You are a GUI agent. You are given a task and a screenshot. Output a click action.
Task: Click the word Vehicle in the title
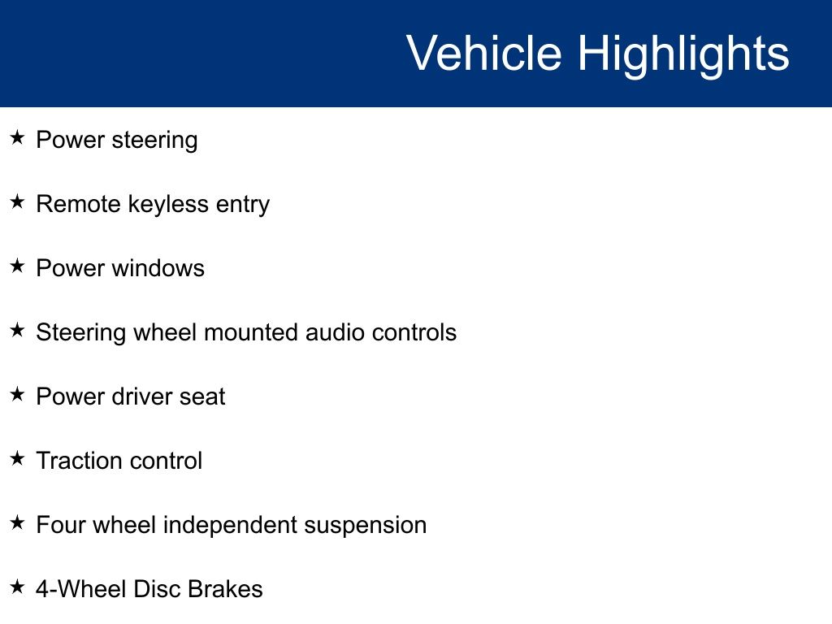click(484, 53)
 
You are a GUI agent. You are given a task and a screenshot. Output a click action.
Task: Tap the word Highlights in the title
click(683, 56)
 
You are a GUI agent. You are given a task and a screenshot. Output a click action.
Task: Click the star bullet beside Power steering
click(17, 137)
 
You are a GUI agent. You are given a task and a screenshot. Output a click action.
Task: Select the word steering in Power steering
click(154, 141)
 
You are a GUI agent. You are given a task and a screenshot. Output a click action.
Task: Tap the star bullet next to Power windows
click(17, 266)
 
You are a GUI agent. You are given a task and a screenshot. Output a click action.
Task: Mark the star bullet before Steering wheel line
click(17, 330)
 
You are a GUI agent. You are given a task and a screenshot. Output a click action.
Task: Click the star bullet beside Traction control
click(17, 458)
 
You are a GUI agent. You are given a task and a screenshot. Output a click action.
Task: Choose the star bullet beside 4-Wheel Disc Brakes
click(17, 587)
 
